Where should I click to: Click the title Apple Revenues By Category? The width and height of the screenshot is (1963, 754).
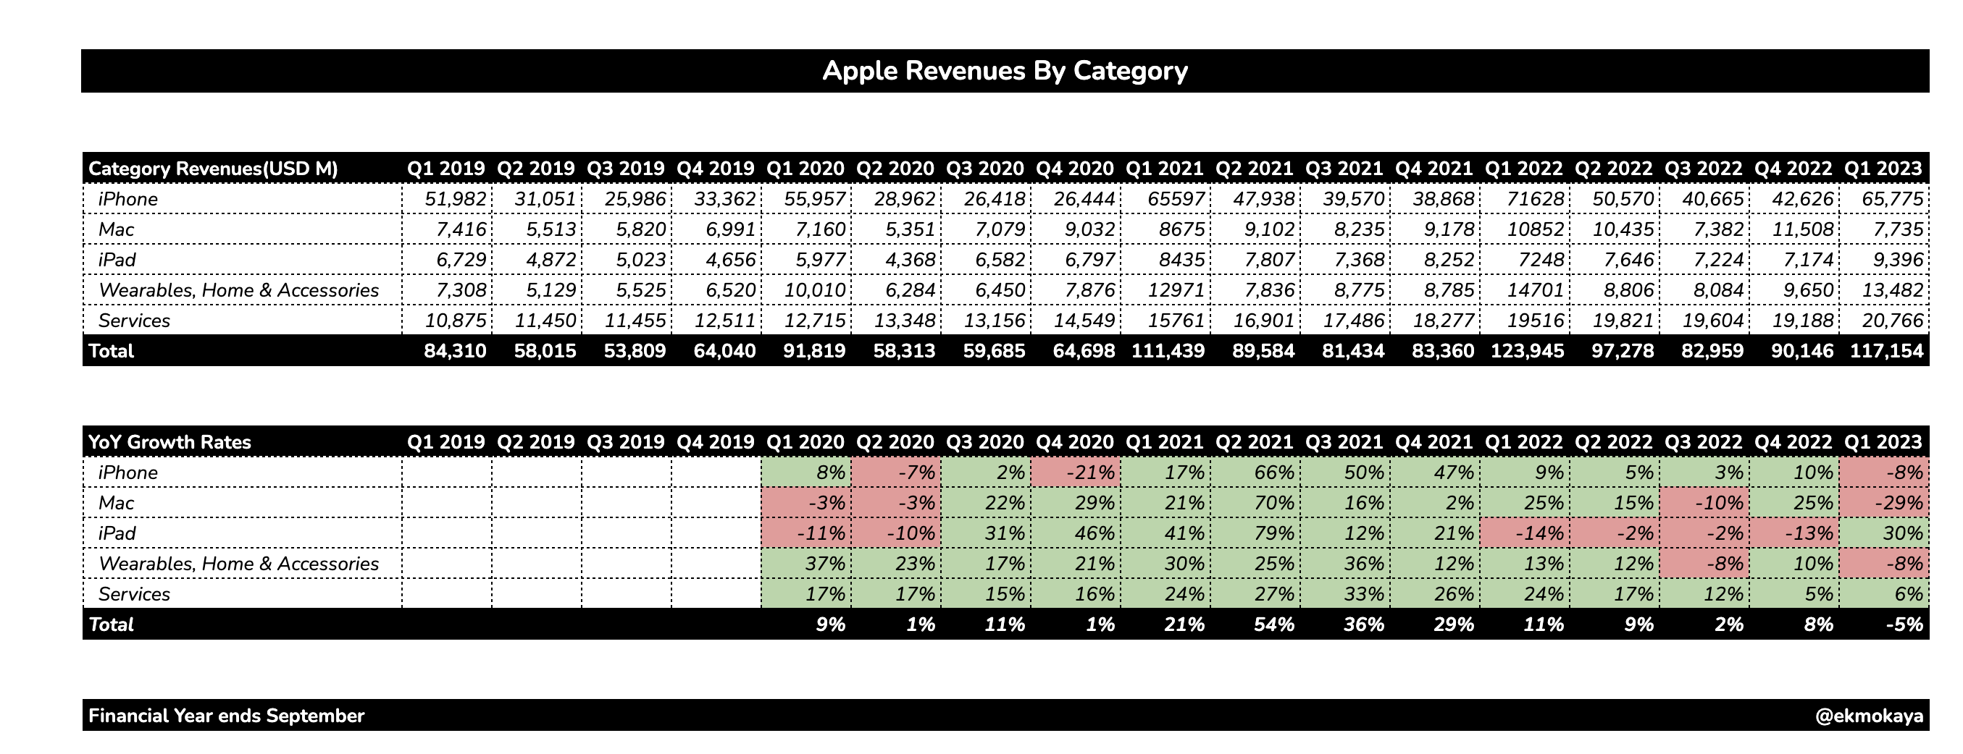[x=1005, y=71]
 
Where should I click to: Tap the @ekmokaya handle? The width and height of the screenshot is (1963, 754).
[x=1870, y=716]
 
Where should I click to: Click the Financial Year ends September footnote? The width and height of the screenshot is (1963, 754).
[x=226, y=716]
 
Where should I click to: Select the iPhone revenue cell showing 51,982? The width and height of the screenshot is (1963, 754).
[x=455, y=199]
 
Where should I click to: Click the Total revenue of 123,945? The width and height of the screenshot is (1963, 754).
[x=1526, y=351]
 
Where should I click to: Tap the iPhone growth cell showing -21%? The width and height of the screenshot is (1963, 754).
[x=1083, y=473]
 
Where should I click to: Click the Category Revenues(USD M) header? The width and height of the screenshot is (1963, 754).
[x=214, y=169]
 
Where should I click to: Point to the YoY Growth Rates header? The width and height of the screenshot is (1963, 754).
[x=170, y=441]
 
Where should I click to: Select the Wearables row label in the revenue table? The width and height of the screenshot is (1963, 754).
[x=238, y=290]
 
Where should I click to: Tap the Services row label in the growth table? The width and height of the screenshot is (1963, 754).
[x=134, y=594]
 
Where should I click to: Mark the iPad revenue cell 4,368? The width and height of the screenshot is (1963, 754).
[x=905, y=260]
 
